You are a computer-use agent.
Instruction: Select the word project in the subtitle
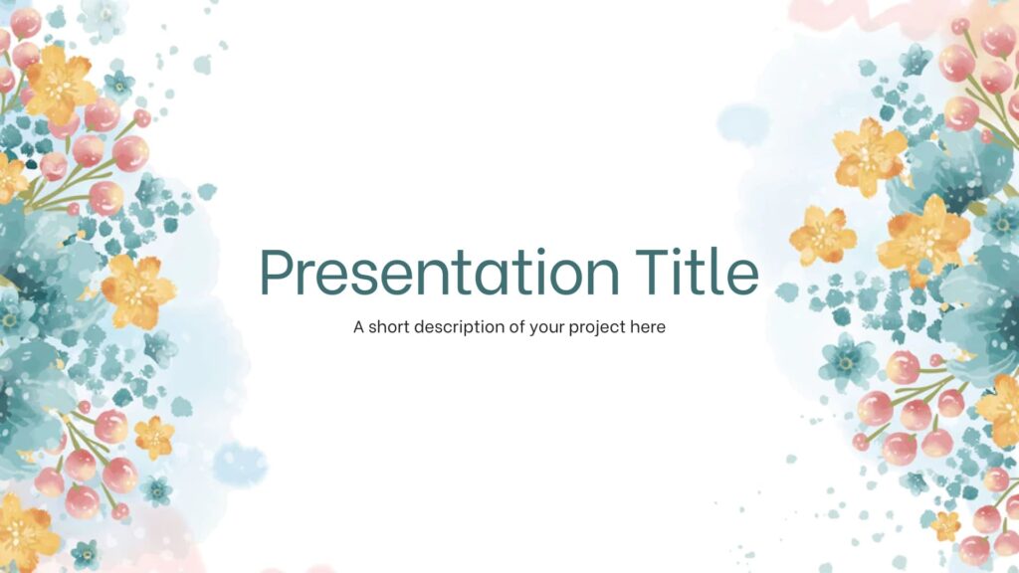(x=596, y=327)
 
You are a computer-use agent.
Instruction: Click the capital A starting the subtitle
(x=358, y=326)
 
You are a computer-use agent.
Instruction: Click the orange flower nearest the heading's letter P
(x=137, y=290)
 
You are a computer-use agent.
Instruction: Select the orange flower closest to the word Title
(x=822, y=236)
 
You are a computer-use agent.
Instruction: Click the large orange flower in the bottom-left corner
(x=24, y=532)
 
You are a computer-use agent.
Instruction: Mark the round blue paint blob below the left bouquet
(x=240, y=464)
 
